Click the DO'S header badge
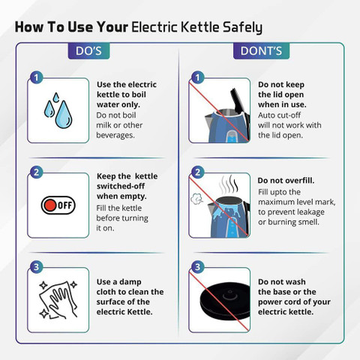pos(88,51)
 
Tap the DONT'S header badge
pos(261,51)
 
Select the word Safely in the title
pos(242,28)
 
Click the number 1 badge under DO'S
pos(37,77)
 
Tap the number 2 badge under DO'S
pos(37,172)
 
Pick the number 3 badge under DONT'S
pos(198,267)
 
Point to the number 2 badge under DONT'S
pos(198,172)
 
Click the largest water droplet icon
pos(64,115)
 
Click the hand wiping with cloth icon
pos(58,300)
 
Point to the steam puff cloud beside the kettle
pos(196,199)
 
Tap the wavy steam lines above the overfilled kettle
pos(228,185)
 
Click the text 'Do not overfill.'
pos(286,181)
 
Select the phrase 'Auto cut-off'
pos(279,115)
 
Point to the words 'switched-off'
pos(121,186)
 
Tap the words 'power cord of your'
pos(294,302)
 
